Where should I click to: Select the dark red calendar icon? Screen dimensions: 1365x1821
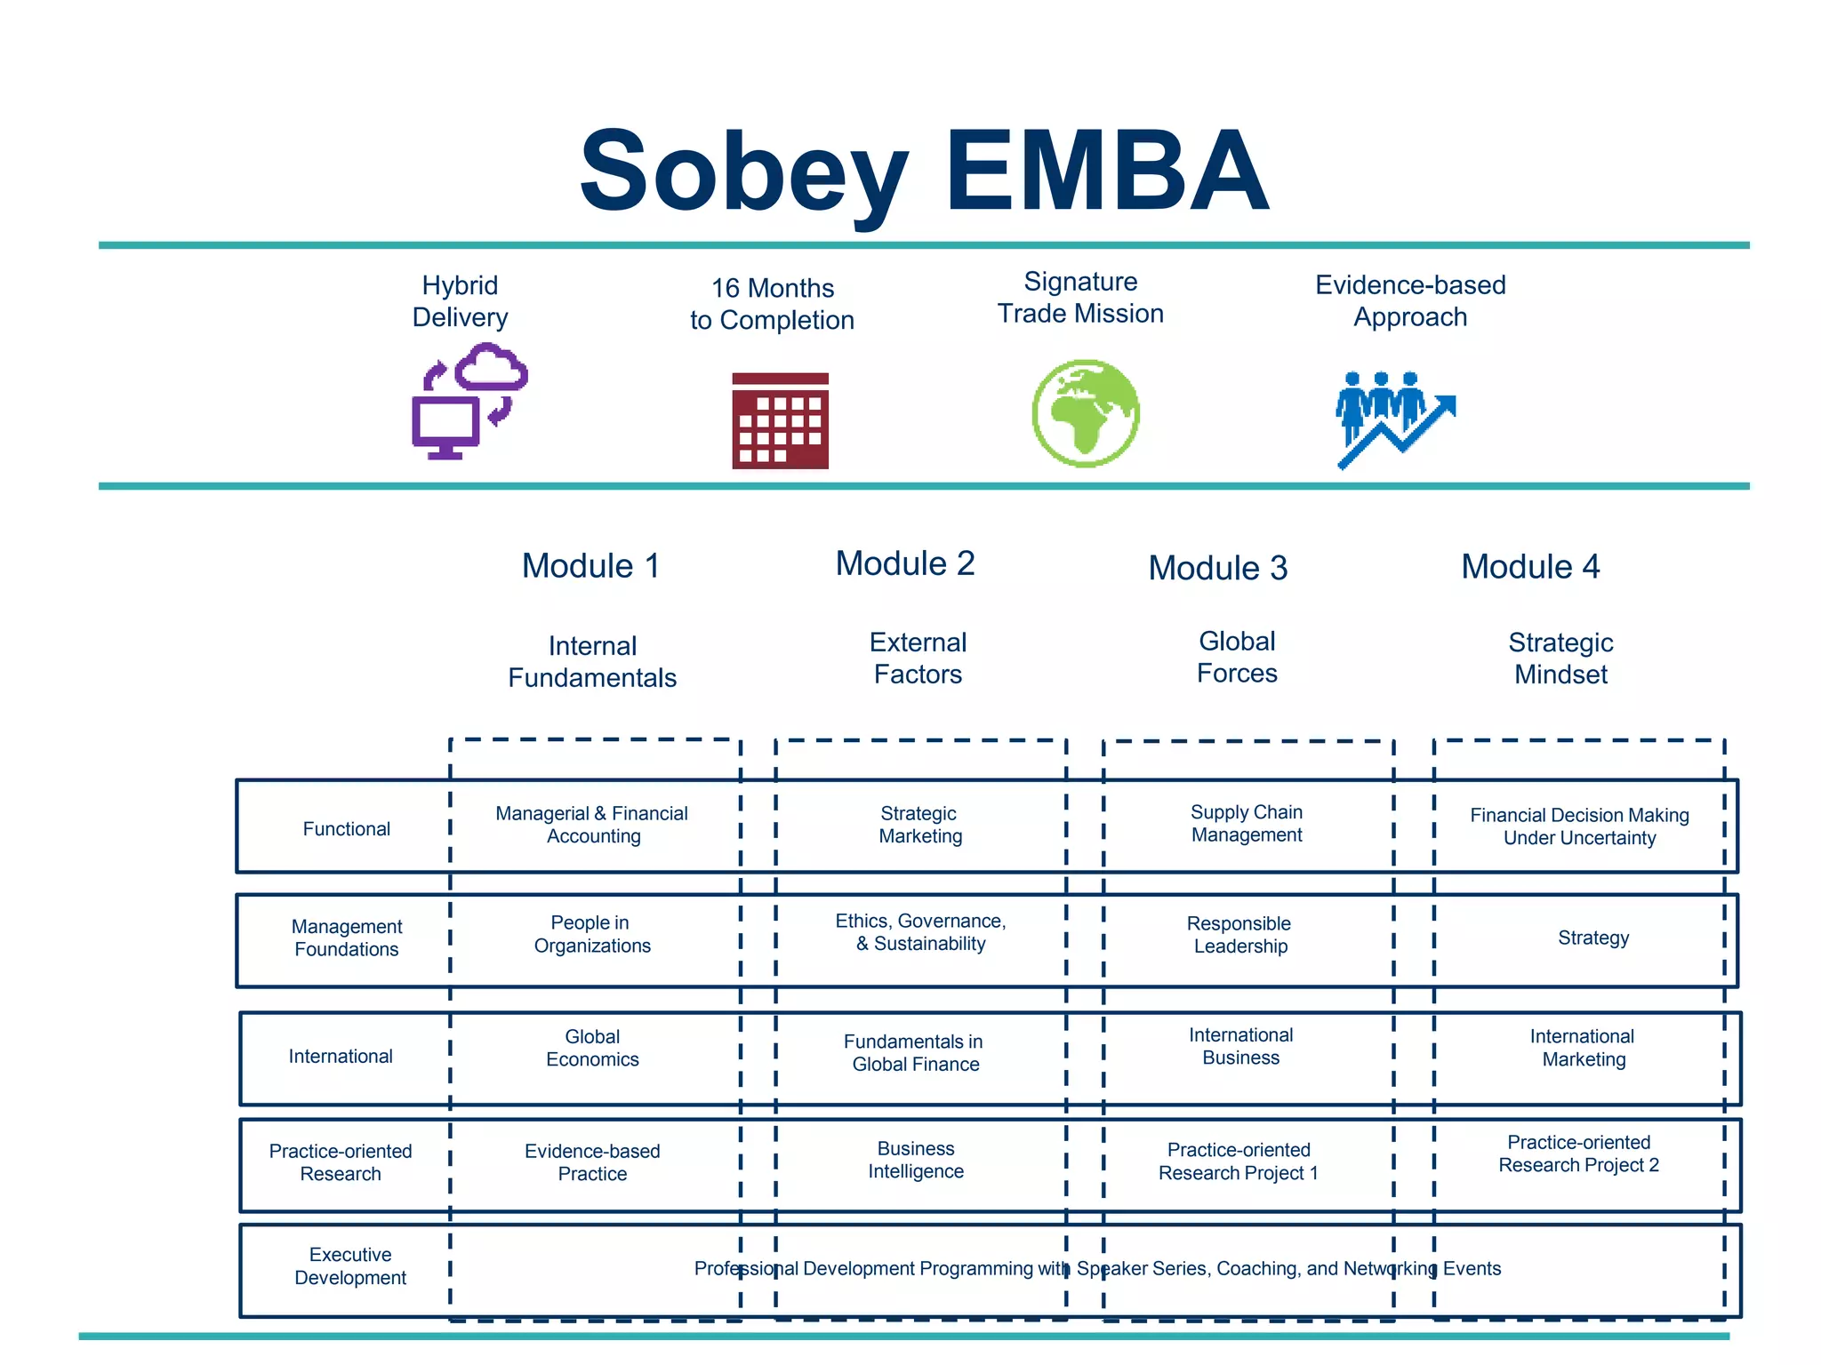click(780, 420)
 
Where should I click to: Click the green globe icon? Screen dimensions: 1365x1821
click(1086, 413)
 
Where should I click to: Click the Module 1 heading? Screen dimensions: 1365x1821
click(590, 566)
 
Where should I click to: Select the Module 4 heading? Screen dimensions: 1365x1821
click(1529, 567)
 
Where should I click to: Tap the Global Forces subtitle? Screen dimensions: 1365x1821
click(1237, 658)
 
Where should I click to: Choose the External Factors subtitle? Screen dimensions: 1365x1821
click(918, 659)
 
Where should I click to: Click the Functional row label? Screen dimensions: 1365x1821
click(346, 829)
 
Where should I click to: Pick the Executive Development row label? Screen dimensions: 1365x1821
click(350, 1266)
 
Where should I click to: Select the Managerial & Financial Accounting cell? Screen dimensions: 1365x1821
click(592, 825)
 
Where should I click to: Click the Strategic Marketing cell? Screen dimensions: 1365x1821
click(919, 825)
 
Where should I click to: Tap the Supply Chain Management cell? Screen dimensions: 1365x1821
click(1247, 824)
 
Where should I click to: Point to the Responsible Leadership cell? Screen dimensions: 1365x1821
click(1239, 935)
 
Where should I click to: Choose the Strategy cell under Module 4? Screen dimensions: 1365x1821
click(1593, 938)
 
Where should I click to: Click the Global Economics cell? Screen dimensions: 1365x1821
click(592, 1049)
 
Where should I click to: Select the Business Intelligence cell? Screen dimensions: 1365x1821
click(916, 1161)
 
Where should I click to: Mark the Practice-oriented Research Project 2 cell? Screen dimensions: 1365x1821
click(1578, 1154)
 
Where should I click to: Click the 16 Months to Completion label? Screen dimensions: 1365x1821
click(772, 304)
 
